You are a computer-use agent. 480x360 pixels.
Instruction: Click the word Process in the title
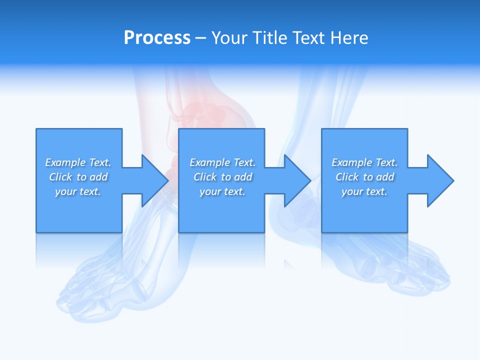click(157, 38)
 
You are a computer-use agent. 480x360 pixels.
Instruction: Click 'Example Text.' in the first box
click(78, 162)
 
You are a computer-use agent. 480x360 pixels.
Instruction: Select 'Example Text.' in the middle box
click(222, 162)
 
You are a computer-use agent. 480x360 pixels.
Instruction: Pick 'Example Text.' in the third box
click(364, 162)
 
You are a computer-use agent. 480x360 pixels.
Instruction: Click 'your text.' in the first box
click(78, 191)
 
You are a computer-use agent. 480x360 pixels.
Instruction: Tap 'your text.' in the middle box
click(222, 191)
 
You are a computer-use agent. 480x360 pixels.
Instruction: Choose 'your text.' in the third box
click(364, 191)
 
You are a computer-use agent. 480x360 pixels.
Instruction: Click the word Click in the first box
click(60, 177)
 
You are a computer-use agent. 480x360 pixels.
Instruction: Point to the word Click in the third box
click(347, 177)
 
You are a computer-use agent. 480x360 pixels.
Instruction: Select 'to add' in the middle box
click(236, 177)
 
